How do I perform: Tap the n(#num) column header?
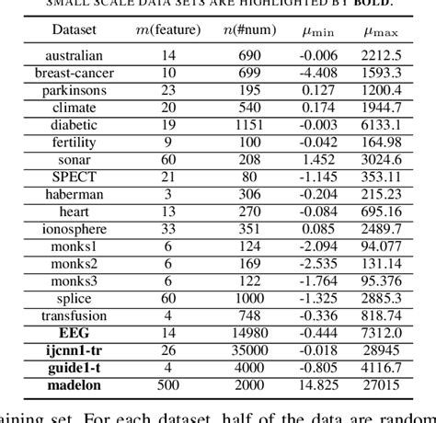(250, 31)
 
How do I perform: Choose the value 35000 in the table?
(250, 350)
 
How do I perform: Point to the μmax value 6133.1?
(380, 125)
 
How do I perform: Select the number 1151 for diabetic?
(250, 125)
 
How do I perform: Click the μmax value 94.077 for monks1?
(380, 246)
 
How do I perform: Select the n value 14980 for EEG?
(250, 333)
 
